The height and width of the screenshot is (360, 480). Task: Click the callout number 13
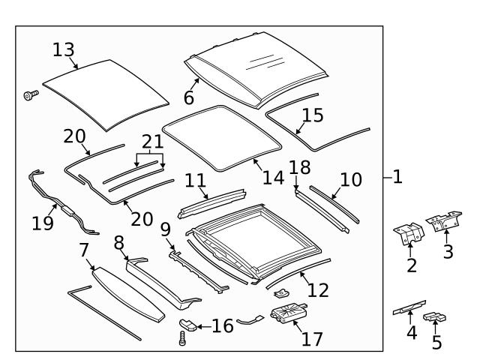64,50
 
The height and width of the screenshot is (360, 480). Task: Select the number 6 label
187,97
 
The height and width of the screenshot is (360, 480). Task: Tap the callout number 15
312,115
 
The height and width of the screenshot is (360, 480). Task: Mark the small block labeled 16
188,325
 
